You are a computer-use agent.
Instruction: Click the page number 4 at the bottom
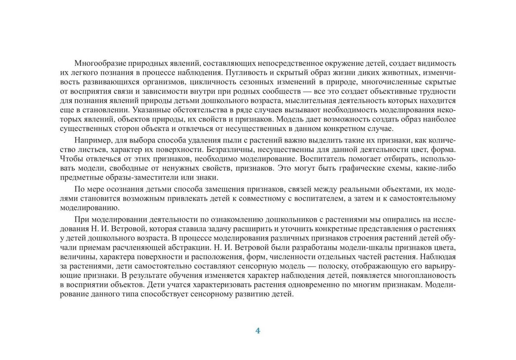(x=258, y=331)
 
